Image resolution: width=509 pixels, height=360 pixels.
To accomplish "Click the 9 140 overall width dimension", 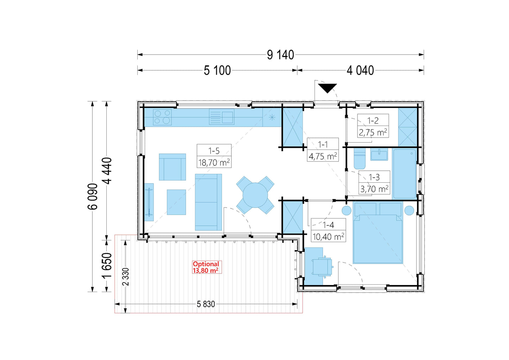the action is click(280, 55).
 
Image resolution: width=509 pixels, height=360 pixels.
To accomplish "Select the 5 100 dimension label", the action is click(217, 70).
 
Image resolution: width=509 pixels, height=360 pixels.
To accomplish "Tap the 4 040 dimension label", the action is click(360, 70).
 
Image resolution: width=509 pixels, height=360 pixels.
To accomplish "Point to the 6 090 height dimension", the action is click(93, 196).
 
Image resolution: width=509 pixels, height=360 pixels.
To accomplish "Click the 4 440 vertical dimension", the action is click(107, 171).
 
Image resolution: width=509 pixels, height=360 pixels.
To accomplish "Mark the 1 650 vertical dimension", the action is click(107, 265).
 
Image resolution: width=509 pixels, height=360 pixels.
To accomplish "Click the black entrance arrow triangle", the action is click(327, 88).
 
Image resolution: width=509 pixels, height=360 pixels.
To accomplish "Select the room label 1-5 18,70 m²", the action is click(214, 156).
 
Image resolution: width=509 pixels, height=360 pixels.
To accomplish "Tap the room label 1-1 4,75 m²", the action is click(323, 150).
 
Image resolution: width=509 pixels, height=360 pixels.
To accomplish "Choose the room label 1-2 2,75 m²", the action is click(373, 126).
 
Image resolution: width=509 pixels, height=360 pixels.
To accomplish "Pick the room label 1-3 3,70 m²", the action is click(374, 183).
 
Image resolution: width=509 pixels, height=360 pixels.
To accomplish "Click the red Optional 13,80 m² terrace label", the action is click(206, 267).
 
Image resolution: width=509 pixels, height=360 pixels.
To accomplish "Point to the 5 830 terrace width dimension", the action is click(206, 304).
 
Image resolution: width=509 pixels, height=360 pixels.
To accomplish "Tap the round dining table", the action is click(255, 195).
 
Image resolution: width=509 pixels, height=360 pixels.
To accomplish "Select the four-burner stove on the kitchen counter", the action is click(162, 117).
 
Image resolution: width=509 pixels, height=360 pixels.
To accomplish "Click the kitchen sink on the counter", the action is click(222, 117).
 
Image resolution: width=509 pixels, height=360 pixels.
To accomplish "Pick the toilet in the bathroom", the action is click(360, 158).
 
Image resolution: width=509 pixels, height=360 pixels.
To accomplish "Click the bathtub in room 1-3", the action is click(404, 174).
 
